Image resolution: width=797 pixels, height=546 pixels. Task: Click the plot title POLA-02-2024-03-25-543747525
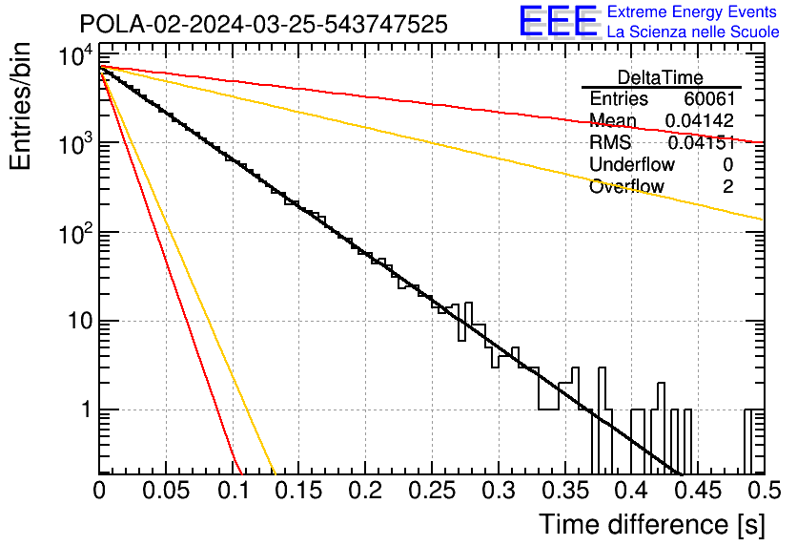263,24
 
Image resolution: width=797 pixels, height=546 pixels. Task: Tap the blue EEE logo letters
558,21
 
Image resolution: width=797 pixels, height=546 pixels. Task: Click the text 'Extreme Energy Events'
692,11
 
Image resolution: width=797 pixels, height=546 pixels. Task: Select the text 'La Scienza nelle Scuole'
693,31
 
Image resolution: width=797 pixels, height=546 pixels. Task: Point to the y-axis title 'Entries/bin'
20,106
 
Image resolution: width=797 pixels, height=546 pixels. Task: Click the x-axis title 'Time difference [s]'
652,525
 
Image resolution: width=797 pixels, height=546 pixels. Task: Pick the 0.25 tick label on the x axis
432,491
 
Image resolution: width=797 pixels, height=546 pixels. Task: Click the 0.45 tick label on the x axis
699,491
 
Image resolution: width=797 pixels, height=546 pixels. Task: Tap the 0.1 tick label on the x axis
234,491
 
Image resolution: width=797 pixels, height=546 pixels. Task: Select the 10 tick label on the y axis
80,321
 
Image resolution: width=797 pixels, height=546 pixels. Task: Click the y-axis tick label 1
86,409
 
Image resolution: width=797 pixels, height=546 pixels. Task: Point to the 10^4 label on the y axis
76,55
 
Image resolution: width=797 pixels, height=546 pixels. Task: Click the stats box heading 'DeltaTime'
661,77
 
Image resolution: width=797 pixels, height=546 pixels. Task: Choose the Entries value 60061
709,98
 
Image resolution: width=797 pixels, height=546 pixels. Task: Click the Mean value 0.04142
700,120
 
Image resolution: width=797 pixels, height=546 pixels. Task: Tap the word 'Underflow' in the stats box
632,164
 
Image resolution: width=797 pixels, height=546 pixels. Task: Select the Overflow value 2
728,187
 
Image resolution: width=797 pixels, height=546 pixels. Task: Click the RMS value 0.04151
702,143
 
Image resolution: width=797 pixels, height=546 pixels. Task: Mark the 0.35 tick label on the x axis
565,491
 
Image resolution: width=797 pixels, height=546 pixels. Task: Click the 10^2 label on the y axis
76,234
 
